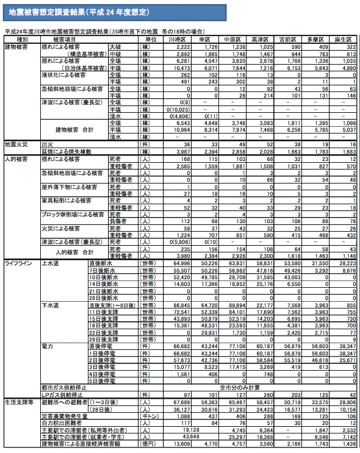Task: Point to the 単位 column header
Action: [x=146, y=39]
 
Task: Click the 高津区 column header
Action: [x=260, y=39]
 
